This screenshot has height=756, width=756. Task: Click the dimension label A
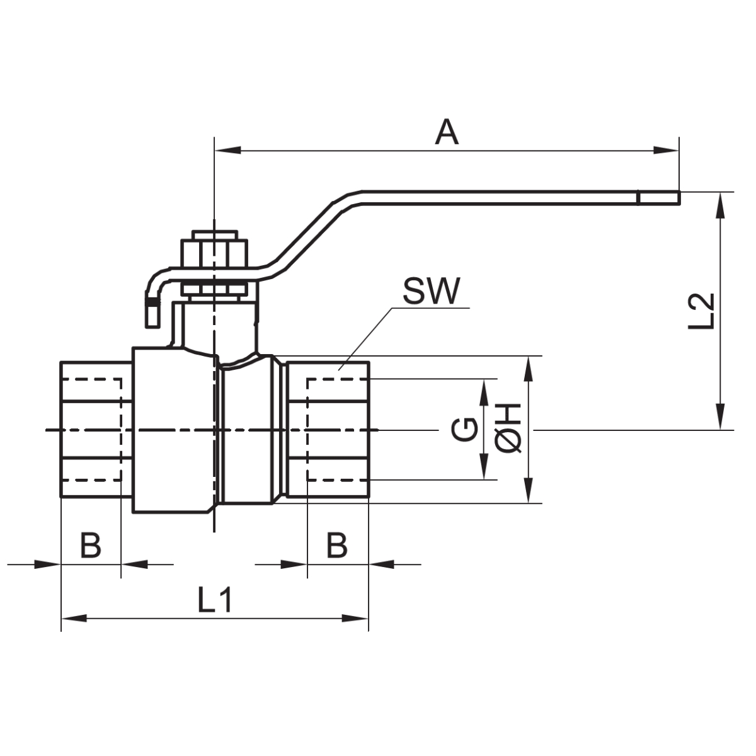[447, 133]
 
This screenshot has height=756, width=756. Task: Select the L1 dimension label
[215, 600]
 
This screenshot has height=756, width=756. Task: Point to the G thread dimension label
[464, 431]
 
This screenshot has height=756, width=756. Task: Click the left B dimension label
[91, 546]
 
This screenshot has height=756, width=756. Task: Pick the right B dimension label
[337, 546]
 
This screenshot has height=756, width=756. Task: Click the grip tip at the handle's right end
[658, 198]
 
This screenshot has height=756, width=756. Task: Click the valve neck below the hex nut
[214, 324]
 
